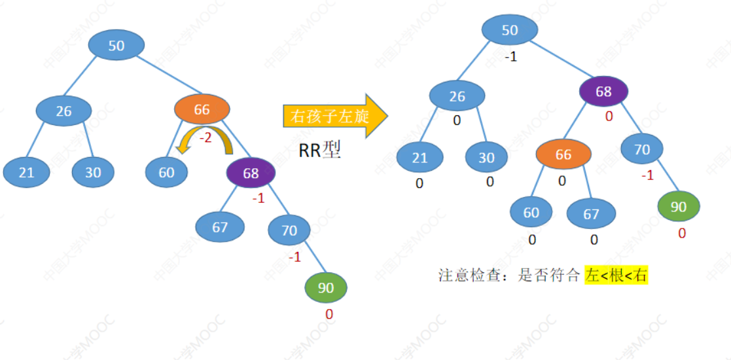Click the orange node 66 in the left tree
[x=202, y=110]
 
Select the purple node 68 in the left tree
[x=251, y=173]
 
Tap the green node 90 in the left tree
[x=326, y=287]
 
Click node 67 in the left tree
[x=220, y=227]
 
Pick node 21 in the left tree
[x=26, y=173]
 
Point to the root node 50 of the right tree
[x=510, y=30]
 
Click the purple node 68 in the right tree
[x=603, y=92]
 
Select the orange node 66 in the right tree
[x=563, y=154]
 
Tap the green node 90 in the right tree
[x=679, y=207]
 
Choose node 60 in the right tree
[x=531, y=213]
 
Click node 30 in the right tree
[x=486, y=158]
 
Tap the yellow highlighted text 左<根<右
[x=616, y=275]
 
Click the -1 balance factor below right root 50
[x=510, y=57]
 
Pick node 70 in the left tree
[x=289, y=230]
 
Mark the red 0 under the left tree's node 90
[x=329, y=314]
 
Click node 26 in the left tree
[x=63, y=111]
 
